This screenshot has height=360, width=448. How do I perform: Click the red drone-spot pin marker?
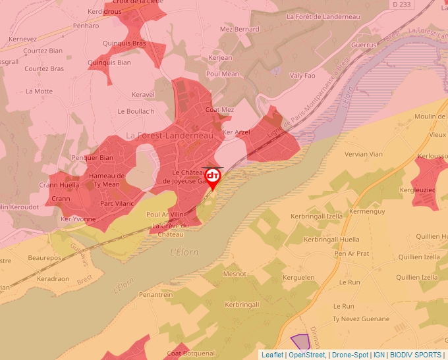(213, 177)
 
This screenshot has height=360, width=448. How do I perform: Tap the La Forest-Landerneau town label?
(170, 135)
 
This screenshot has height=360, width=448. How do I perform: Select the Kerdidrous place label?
(105, 12)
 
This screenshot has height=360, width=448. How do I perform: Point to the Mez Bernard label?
(239, 30)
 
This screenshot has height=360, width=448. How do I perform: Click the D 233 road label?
(401, 4)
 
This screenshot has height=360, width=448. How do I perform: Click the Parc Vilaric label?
(117, 203)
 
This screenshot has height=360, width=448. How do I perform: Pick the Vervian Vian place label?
(364, 154)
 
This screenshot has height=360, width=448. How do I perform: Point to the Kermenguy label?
(367, 211)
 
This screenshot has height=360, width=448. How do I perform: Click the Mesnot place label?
(235, 274)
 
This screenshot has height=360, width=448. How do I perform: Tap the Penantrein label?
(155, 295)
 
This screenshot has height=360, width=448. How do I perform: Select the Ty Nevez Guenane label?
(360, 319)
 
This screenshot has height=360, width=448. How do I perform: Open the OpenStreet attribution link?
(307, 355)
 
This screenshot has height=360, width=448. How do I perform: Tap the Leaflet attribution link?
(273, 355)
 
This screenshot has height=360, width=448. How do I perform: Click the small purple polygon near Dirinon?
(300, 342)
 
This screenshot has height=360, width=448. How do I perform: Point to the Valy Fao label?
(302, 76)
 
